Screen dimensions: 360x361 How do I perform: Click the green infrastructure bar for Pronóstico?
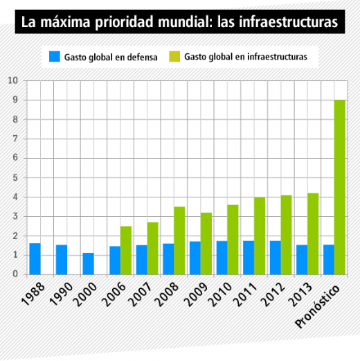[x=340, y=187]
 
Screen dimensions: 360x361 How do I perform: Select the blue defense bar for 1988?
[x=35, y=259]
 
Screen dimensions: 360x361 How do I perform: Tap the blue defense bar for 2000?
[x=89, y=264]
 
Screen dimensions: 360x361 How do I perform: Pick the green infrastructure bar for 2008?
[x=179, y=240]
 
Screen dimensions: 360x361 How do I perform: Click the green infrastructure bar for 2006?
[x=126, y=250]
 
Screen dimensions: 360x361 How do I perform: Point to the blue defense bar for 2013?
[x=302, y=260]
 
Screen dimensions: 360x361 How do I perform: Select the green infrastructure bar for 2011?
[x=260, y=236]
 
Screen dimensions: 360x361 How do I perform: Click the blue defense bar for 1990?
[x=62, y=260]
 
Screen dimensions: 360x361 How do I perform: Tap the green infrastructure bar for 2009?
[x=206, y=244]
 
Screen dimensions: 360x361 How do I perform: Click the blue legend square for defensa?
[x=55, y=57]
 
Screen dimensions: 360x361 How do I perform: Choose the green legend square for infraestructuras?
[x=174, y=57]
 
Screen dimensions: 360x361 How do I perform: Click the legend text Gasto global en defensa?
[x=111, y=57]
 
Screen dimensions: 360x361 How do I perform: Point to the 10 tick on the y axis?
[x=13, y=80]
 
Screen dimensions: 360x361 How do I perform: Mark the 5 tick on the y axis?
[x=15, y=177]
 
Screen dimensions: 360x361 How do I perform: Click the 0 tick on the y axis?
[x=15, y=274]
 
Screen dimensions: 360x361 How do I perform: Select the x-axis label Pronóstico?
[x=318, y=306]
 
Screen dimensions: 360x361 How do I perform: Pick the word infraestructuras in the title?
[x=288, y=21]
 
